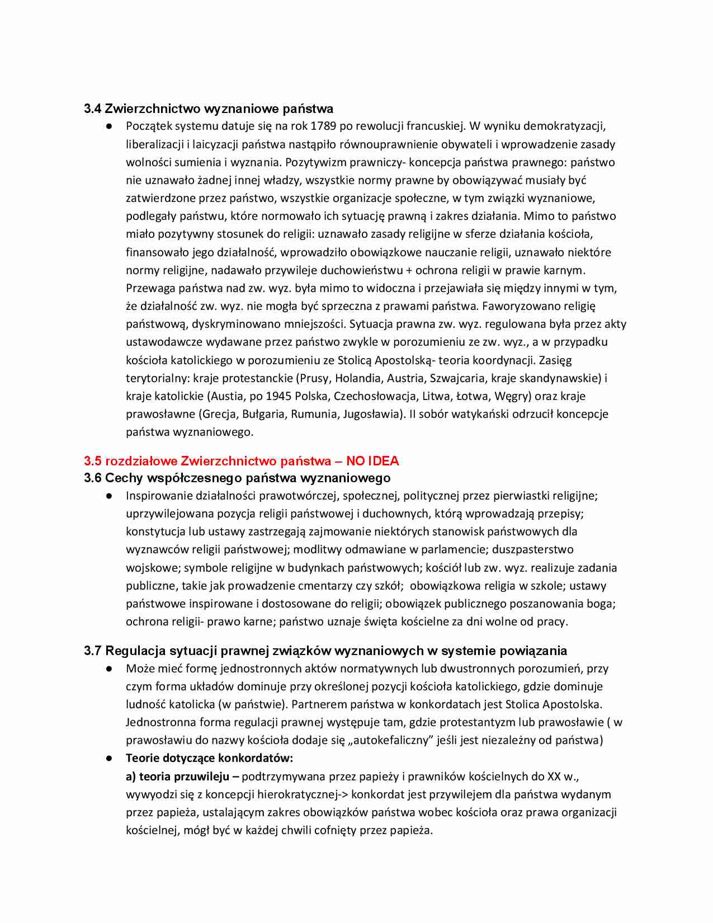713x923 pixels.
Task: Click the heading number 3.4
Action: (x=92, y=109)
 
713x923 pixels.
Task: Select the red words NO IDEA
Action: (x=372, y=461)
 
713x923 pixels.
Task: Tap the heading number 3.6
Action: (x=92, y=478)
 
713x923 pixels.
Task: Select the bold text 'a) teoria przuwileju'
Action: (x=178, y=776)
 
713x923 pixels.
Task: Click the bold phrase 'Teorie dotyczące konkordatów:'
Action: (x=209, y=759)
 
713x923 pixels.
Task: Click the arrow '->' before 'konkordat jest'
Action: (x=343, y=794)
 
